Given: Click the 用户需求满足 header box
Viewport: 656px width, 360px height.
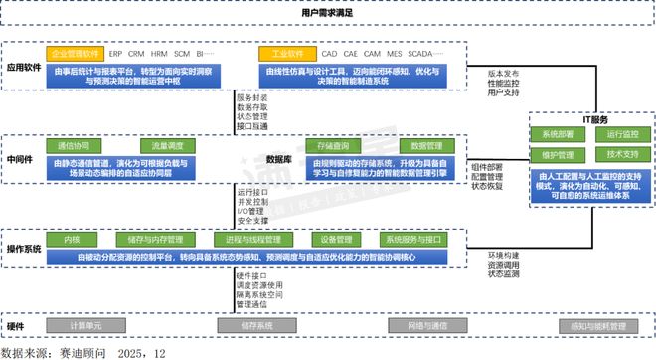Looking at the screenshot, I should tap(327, 13).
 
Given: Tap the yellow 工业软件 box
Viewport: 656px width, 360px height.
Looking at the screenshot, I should tap(282, 53).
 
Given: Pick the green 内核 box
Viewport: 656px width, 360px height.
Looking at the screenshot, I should tap(73, 240).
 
